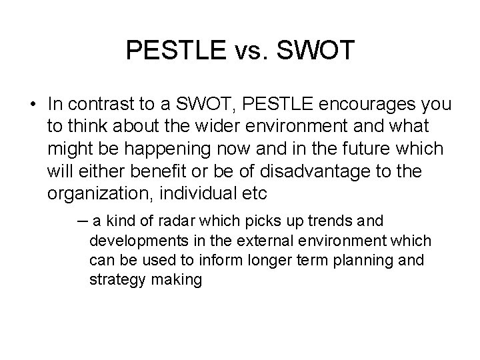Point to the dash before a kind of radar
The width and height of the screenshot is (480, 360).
click(x=82, y=221)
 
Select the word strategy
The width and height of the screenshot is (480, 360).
click(x=117, y=279)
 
